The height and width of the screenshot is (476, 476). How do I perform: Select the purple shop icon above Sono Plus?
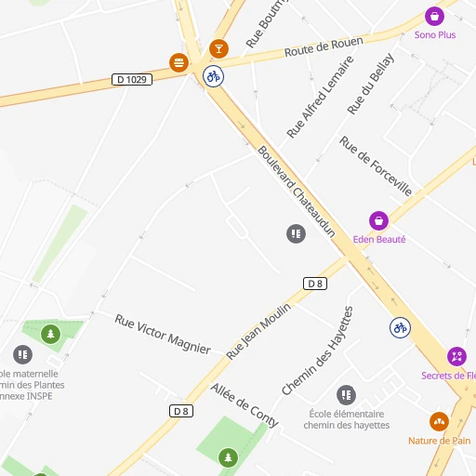point(434,16)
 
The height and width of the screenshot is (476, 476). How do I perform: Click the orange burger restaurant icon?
point(178,62)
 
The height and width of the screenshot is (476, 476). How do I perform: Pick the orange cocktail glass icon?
point(218,48)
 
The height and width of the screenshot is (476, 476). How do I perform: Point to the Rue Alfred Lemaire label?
point(320,97)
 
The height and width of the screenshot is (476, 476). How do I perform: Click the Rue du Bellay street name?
point(370,84)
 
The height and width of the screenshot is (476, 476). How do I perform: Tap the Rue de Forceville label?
point(376,165)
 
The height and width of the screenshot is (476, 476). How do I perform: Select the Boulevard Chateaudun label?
point(295,192)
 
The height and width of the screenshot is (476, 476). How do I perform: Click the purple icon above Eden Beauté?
point(378,220)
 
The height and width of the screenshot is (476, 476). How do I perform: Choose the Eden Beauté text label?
point(379,239)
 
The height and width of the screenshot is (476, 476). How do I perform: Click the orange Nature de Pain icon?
point(440,421)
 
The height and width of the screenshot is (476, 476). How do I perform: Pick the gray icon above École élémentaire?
point(346,395)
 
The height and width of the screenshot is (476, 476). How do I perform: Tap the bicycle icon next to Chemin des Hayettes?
point(400,327)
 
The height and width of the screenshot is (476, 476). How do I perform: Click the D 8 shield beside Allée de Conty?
point(181,411)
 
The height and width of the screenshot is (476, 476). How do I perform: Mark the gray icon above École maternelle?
point(23,354)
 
